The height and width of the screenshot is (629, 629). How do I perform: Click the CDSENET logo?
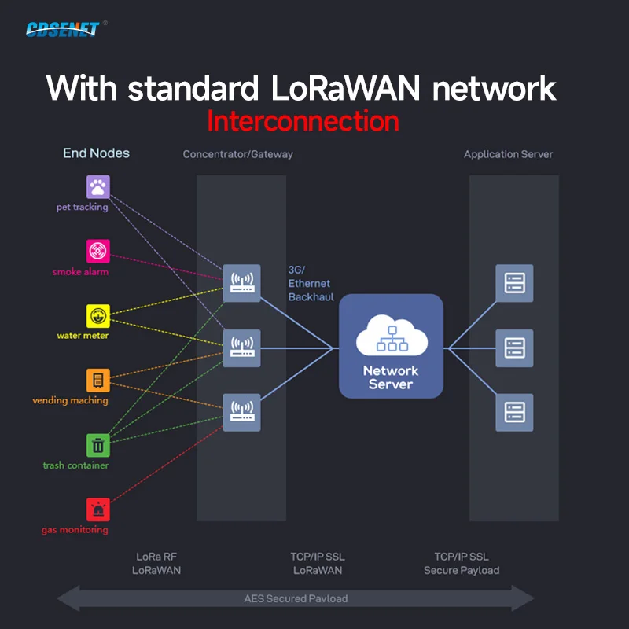coord(63,29)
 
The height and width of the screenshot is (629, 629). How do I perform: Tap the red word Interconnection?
coord(303,121)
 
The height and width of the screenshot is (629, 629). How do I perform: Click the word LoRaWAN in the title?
coord(347,88)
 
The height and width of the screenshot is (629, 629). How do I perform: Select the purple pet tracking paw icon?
coord(97,187)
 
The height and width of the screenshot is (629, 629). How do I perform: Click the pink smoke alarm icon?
coord(97,252)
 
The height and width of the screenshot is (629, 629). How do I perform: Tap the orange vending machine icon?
coord(97,381)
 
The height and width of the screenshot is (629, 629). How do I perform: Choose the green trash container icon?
coord(97,446)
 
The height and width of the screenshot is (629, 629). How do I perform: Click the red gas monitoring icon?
coord(97,510)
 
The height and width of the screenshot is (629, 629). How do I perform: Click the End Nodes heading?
coord(96,153)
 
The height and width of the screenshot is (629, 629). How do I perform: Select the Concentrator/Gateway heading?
coord(237,154)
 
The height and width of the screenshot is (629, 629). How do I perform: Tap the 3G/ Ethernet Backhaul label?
coord(309,283)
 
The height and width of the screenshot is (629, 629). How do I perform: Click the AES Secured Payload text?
coord(296,598)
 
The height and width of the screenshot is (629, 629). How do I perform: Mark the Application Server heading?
coord(508,154)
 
